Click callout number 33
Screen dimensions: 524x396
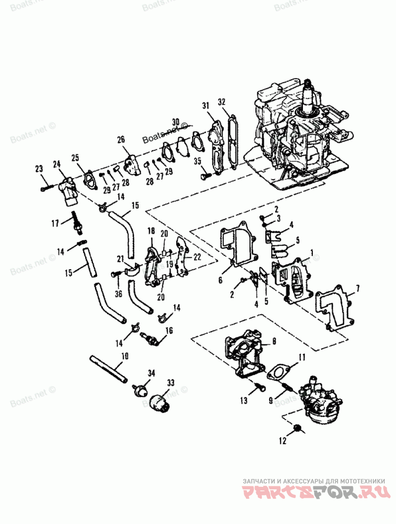pos(171,383)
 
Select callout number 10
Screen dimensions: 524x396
pos(124,356)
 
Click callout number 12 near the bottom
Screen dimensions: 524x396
pos(283,440)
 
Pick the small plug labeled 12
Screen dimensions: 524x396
pos(297,428)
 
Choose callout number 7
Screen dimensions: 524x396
pos(357,288)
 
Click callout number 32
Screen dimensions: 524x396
pos(222,102)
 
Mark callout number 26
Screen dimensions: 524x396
pos(121,140)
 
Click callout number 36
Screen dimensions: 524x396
pos(118,294)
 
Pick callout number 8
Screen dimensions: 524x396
pos(274,341)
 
